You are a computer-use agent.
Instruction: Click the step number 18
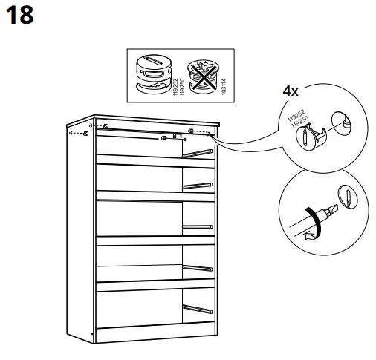pos(19,16)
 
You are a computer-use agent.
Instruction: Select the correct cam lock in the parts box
pos(152,73)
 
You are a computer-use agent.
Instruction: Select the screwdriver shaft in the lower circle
pos(301,220)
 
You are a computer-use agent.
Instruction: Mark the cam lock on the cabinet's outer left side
pos(86,135)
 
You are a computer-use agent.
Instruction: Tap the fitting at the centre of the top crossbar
pos(162,137)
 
